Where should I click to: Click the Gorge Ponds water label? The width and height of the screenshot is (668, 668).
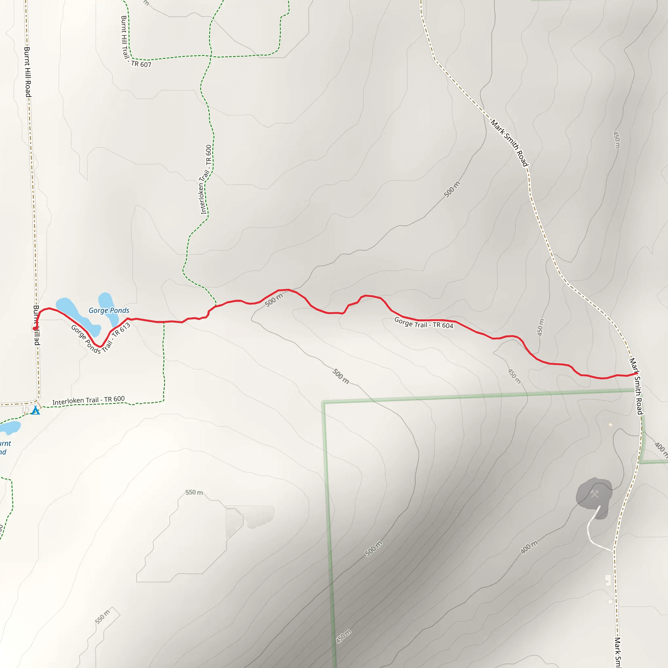coord(109,311)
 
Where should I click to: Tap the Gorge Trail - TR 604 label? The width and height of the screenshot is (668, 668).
coord(424,323)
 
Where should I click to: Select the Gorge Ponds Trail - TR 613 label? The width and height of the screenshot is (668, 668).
coord(100,339)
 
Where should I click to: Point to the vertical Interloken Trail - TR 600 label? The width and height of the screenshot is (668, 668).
coord(205,179)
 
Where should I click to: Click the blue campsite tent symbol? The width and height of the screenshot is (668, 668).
coord(35,411)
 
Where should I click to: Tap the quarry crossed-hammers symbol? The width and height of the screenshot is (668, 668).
coord(594,494)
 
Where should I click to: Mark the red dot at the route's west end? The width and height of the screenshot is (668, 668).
coord(35,328)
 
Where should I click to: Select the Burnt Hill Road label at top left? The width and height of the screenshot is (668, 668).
coord(27,72)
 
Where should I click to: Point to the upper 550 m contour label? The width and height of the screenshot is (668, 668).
coord(194,492)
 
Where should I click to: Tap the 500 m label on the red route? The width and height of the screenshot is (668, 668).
coord(274,300)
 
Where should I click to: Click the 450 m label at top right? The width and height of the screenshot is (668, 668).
coord(616,140)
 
